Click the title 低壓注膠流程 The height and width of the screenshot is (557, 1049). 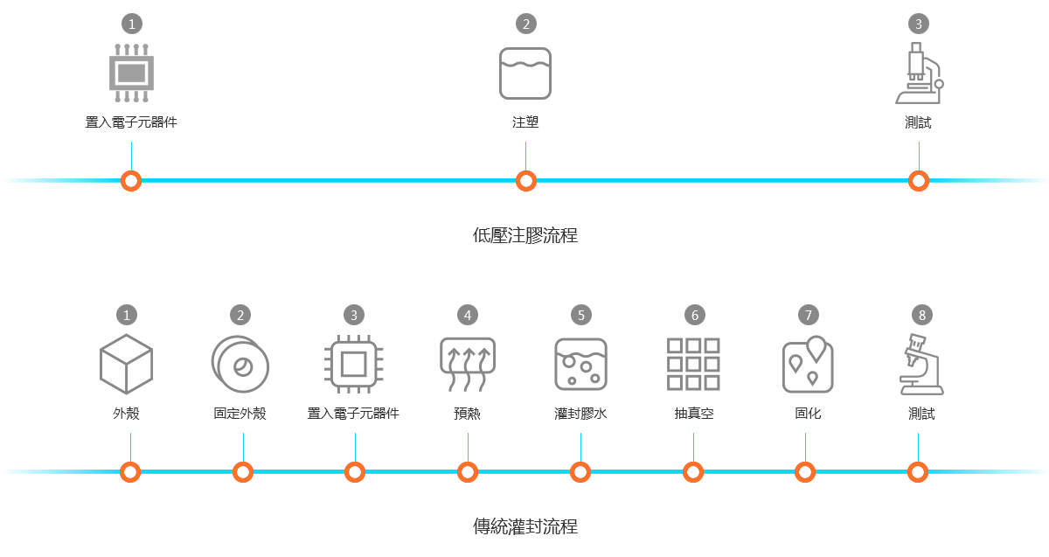tap(524, 235)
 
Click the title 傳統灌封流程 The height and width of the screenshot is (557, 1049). tap(524, 526)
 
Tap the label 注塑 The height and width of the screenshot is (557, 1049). tap(525, 122)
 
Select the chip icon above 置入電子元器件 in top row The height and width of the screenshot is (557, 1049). tap(131, 73)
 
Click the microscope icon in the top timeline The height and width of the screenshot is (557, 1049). tap(919, 73)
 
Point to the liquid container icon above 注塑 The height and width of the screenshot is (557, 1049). tap(525, 73)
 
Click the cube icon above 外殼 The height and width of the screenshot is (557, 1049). tap(126, 364)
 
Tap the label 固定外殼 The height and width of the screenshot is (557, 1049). tap(240, 414)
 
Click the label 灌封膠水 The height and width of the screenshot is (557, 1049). tap(580, 414)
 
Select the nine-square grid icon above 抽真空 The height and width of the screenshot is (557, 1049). tap(693, 364)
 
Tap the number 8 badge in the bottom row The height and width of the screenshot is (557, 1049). tap(921, 315)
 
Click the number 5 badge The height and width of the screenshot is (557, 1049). tap(580, 315)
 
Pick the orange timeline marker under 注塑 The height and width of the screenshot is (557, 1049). tap(525, 181)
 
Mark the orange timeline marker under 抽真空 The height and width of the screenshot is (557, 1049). tap(693, 472)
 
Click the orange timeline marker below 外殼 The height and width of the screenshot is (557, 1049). tap(130, 472)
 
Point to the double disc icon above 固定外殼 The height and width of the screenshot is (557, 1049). tap(240, 364)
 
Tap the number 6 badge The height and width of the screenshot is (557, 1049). tap(694, 315)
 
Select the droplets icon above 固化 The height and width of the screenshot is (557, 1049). tap(808, 364)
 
